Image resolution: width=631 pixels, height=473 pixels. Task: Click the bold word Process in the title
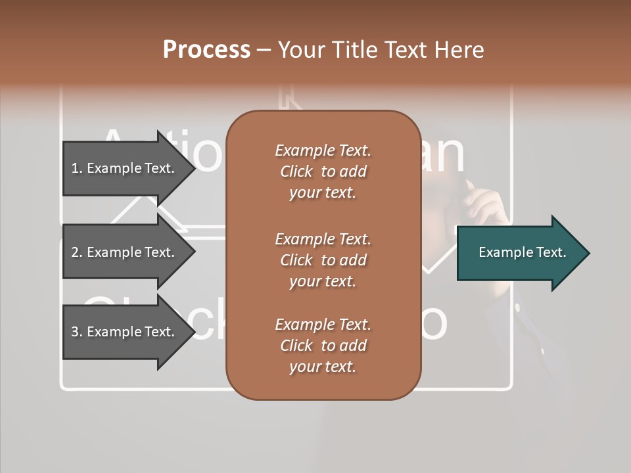[x=206, y=50]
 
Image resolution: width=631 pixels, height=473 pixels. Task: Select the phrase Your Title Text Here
[x=381, y=50]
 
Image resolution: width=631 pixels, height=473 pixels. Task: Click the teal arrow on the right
[x=519, y=253]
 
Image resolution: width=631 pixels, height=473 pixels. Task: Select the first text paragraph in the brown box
[x=323, y=171]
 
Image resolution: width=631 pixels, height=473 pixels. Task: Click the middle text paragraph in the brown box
[x=323, y=260]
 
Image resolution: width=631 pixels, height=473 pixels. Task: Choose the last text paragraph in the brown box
[x=323, y=346]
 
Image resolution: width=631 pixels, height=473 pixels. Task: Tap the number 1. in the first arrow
[x=77, y=168]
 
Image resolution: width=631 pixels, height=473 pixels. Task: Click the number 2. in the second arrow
[x=77, y=252]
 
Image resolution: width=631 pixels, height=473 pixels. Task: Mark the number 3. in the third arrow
[x=77, y=332]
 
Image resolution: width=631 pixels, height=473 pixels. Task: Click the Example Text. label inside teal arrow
[x=522, y=252]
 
